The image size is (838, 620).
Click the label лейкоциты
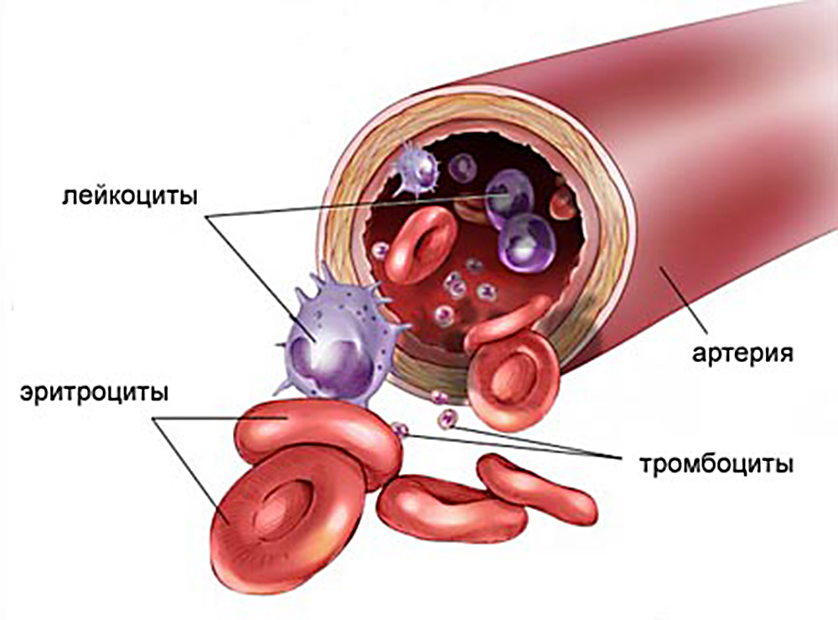[x=130, y=196]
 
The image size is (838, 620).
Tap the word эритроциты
[x=94, y=392]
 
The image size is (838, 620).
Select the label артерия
[x=742, y=354]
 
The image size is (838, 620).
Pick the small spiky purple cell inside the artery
[x=416, y=168]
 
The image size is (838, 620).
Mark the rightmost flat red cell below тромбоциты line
[x=536, y=490]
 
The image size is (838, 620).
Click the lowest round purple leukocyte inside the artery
[x=526, y=243]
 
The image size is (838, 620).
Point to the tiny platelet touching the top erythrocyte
[x=400, y=428]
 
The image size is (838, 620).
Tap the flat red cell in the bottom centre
[x=451, y=508]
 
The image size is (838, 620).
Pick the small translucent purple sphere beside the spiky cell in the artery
[x=463, y=168]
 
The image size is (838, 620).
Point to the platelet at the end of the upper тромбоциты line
[x=447, y=419]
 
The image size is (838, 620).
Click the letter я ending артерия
[x=786, y=354]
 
